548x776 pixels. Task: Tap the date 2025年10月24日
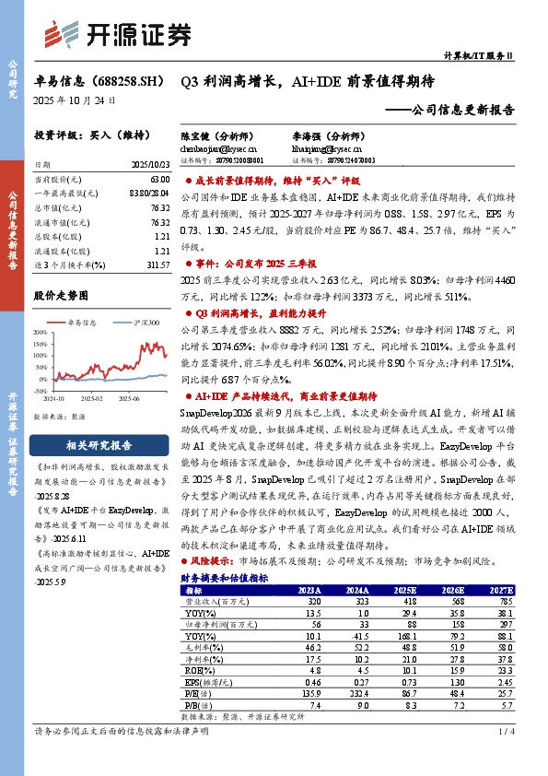(76, 100)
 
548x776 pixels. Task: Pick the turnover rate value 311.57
(157, 265)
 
